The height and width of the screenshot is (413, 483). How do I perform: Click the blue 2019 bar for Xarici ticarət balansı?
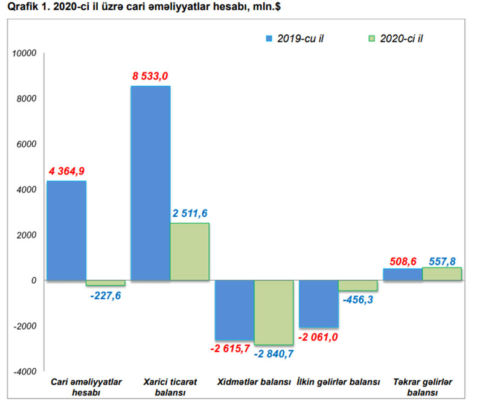pos(150,184)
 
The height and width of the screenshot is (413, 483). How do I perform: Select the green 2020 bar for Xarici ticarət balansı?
pos(190,252)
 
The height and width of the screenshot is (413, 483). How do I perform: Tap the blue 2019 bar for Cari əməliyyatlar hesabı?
pos(66,231)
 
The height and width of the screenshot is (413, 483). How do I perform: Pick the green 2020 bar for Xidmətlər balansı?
pos(273,312)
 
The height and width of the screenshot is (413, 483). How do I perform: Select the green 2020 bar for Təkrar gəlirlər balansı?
pos(442,274)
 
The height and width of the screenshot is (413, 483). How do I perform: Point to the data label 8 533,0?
pos(150,76)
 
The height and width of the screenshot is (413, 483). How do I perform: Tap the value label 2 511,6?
pos(190,214)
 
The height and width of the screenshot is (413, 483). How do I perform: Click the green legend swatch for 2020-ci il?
pos(371,39)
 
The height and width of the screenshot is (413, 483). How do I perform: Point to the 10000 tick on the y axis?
pos(24,53)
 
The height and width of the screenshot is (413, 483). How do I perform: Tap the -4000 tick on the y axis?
pos(24,372)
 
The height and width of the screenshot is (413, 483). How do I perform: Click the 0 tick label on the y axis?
pos(34,281)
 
